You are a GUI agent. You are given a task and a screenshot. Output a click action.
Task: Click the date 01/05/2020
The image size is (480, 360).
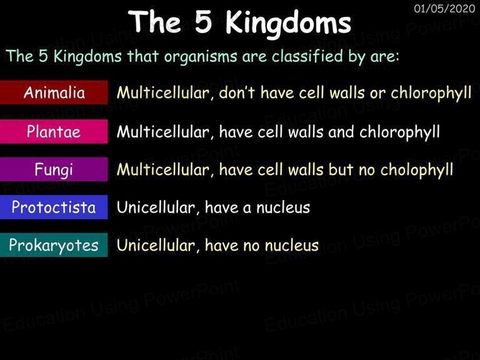point(444,8)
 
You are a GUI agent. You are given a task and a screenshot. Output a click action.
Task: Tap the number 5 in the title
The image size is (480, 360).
point(204,22)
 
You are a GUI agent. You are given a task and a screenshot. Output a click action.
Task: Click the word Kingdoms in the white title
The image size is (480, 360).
point(288,24)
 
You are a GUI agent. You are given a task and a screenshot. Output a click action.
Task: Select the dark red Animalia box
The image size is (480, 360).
point(54,92)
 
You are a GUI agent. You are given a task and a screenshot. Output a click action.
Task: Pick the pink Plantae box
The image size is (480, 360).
point(54,131)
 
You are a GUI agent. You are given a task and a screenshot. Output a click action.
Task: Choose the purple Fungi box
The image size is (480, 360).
point(54,169)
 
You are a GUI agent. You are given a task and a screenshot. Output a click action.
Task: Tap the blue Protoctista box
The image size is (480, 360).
point(54,207)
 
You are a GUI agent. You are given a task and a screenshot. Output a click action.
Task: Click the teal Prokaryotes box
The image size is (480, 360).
point(54,245)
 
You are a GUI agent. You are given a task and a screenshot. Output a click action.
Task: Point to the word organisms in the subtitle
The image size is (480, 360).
point(200,57)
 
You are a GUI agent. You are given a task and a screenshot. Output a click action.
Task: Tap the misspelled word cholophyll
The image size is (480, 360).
point(417,170)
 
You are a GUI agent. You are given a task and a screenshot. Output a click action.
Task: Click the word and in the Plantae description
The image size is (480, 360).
point(341,132)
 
